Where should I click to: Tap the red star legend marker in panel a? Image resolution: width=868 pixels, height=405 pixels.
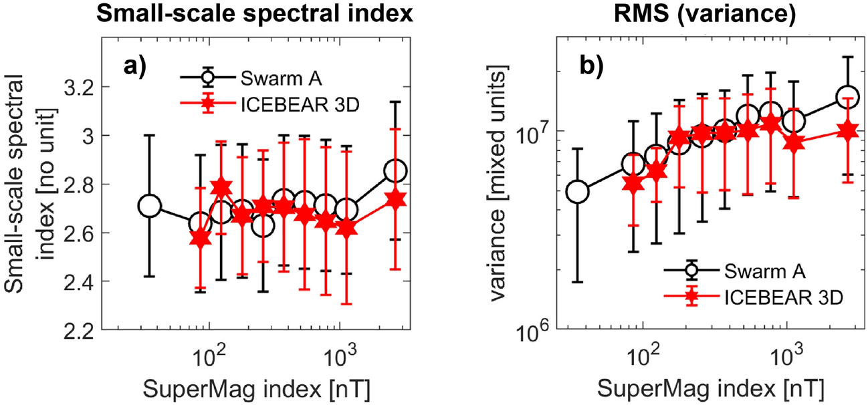coord(206,104)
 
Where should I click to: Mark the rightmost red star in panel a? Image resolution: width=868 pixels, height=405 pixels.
coord(395,199)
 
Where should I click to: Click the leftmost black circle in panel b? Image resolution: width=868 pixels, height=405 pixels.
coord(577,192)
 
